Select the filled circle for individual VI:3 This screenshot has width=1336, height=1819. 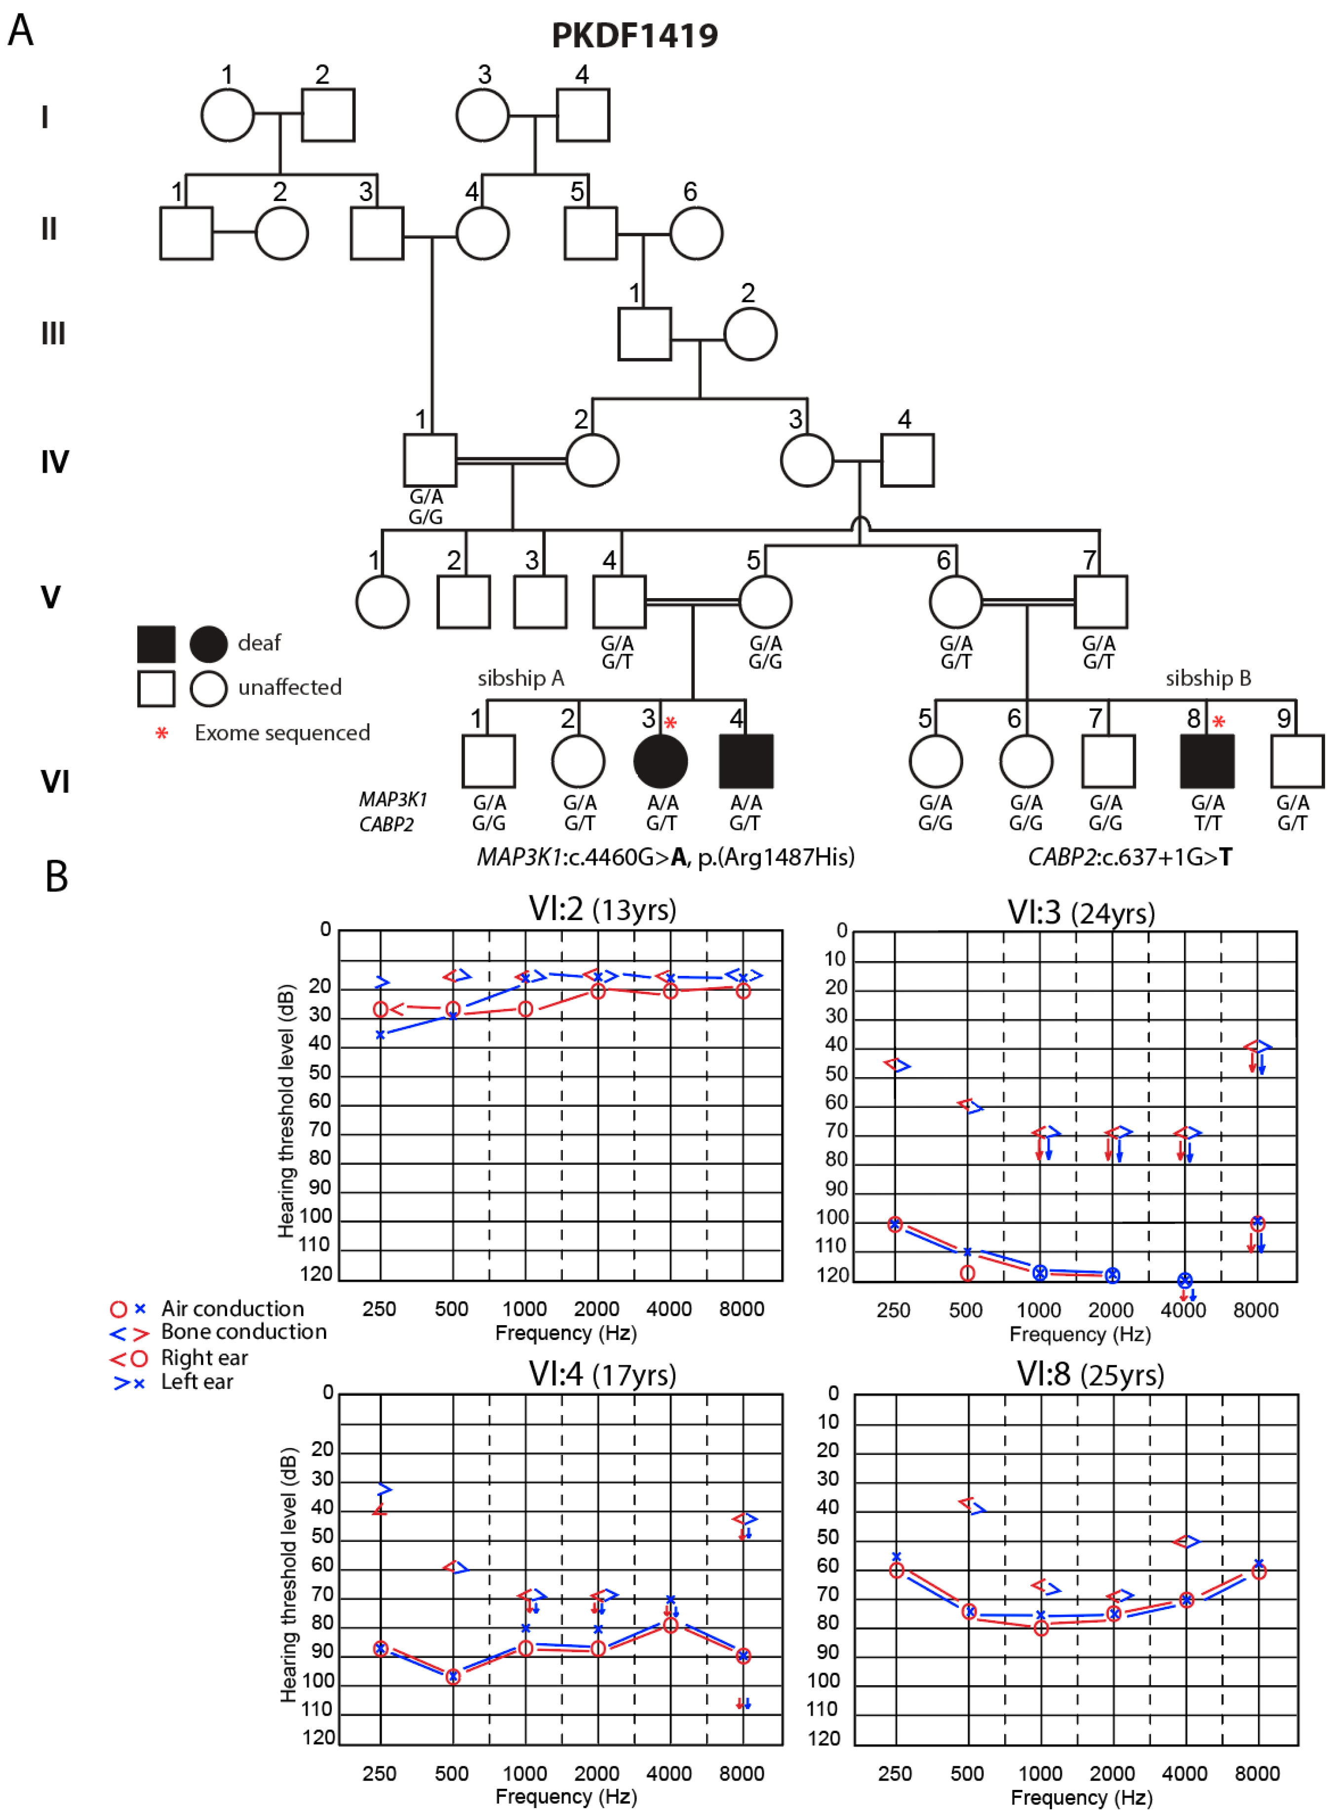coord(660,761)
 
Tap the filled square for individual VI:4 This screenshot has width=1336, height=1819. coord(746,761)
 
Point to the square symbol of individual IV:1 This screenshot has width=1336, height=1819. coord(430,460)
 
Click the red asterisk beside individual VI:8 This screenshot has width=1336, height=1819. coord(1218,722)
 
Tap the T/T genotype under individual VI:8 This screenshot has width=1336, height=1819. coord(1208,822)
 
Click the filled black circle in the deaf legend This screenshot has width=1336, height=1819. coord(209,644)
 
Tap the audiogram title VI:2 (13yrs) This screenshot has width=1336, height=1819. coord(602,909)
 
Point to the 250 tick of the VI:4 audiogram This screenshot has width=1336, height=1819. coord(379,1774)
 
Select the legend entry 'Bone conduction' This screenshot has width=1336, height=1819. coord(243,1332)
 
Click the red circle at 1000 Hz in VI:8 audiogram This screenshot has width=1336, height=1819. coord(1041,1627)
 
